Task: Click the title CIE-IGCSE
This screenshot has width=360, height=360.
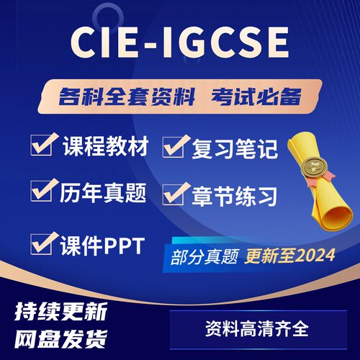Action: tap(179, 45)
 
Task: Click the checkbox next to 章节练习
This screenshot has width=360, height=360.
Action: tap(175, 192)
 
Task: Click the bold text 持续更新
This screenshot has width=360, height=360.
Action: tap(61, 312)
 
